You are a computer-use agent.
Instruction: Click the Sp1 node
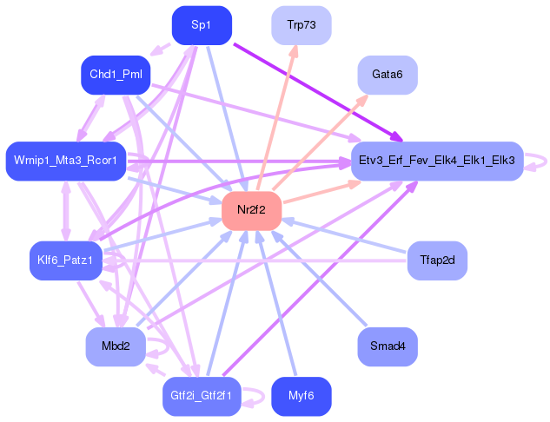pyautogui.click(x=202, y=25)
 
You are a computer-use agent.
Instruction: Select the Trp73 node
pyautogui.click(x=301, y=25)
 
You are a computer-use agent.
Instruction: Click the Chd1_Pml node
pyautogui.click(x=116, y=76)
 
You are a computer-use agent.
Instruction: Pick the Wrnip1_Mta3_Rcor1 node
pyautogui.click(x=65, y=161)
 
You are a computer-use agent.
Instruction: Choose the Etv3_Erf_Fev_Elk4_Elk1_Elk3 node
pyautogui.click(x=436, y=161)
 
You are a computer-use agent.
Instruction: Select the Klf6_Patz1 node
pyautogui.click(x=65, y=260)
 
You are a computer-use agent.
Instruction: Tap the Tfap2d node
pyautogui.click(x=437, y=260)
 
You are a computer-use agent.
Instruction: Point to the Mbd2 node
pyautogui.click(x=116, y=346)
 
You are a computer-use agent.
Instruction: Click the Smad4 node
pyautogui.click(x=388, y=346)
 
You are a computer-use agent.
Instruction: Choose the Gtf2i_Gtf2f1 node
pyautogui.click(x=199, y=396)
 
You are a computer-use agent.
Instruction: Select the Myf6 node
pyautogui.click(x=301, y=396)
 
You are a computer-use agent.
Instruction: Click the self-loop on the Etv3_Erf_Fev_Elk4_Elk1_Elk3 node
pyautogui.click(x=540, y=161)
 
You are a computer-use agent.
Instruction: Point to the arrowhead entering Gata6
pyautogui.click(x=363, y=97)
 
